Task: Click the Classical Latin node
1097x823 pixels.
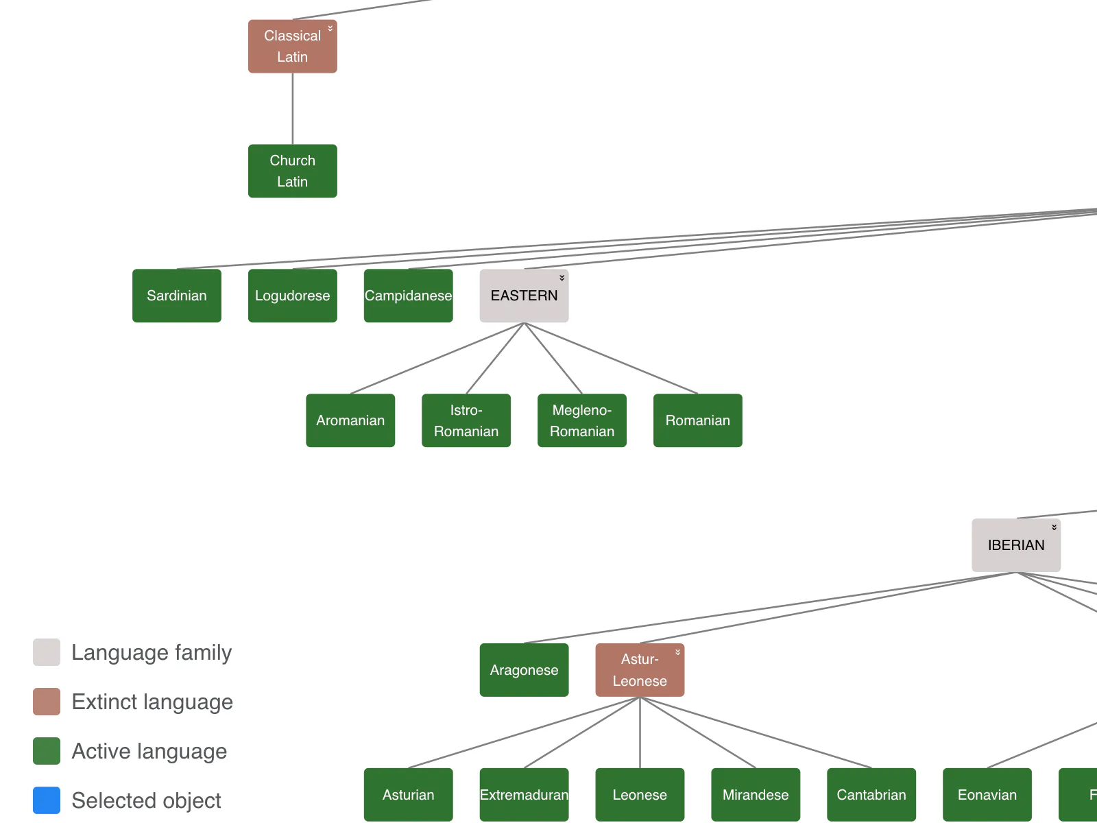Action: [292, 47]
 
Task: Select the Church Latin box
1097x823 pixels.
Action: [292, 171]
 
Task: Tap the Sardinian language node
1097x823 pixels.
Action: [176, 296]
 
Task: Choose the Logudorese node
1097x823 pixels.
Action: [292, 296]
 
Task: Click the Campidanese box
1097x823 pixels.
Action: [409, 296]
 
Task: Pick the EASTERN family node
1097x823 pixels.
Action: [524, 296]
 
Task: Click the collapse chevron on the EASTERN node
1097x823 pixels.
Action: [562, 278]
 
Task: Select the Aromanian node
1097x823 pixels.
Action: [350, 420]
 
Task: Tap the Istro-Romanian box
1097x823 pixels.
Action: [466, 420]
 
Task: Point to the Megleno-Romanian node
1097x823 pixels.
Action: [581, 420]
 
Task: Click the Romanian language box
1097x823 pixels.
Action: [698, 420]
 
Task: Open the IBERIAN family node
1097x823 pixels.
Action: [1016, 545]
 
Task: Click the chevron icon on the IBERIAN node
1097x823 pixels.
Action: [1054, 527]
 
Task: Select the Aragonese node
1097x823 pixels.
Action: [524, 669]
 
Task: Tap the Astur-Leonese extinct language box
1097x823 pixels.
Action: [640, 669]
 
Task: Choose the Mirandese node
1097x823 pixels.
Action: [756, 794]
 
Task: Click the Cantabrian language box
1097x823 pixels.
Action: [871, 794]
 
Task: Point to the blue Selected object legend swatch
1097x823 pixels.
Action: [47, 800]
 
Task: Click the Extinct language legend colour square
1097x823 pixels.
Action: [47, 702]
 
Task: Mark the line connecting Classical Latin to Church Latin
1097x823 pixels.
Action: [292, 109]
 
